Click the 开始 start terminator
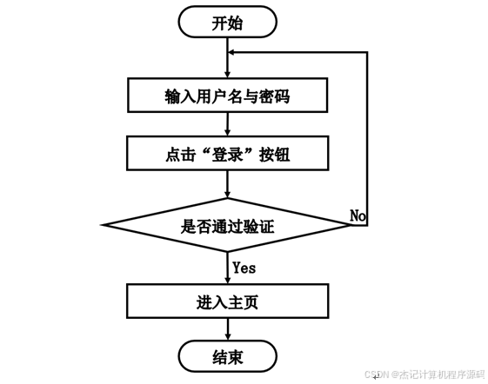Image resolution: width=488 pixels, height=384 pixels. click(228, 23)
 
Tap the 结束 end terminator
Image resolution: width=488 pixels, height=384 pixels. click(228, 356)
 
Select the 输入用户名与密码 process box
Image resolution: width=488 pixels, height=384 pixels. click(228, 96)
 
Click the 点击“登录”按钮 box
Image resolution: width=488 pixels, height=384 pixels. click(228, 153)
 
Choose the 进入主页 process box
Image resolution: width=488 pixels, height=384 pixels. click(228, 301)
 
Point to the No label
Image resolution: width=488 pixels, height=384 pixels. click(358, 215)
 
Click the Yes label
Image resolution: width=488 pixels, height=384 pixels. click(244, 268)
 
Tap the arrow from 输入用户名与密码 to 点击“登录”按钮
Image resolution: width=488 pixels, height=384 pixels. click(228, 124)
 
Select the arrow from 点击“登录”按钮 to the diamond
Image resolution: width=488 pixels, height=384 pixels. click(228, 184)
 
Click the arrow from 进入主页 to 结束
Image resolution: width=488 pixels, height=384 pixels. click(228, 329)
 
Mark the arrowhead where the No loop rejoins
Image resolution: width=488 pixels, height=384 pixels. click(231, 52)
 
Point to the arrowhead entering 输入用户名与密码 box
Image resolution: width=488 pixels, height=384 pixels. click(228, 74)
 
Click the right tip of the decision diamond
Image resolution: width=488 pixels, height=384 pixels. click(351, 225)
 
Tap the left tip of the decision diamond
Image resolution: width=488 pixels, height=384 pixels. click(102, 225)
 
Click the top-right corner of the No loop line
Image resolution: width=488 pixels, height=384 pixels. click(368, 52)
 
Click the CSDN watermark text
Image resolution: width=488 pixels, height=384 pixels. click(424, 374)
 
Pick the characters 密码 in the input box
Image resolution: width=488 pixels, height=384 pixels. click(274, 96)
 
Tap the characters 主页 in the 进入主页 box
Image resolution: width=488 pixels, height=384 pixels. click(243, 301)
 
